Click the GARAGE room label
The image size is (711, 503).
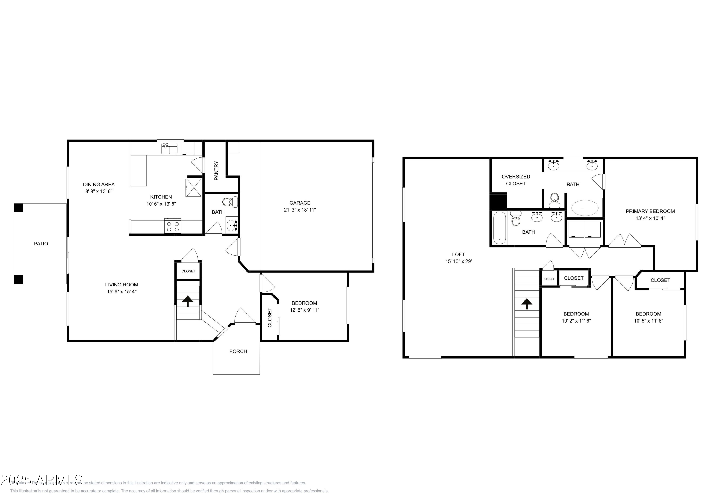300,203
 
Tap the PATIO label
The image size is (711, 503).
41,244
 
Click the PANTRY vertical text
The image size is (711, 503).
216,171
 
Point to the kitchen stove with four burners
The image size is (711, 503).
173,226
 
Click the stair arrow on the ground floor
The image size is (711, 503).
188,301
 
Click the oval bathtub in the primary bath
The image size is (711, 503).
585,208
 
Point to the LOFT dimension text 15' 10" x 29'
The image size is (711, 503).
458,261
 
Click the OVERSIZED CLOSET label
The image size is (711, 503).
516,180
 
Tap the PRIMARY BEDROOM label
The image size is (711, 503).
650,211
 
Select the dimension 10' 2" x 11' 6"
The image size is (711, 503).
576,321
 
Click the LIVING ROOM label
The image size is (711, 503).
121,285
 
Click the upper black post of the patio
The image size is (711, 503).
18,208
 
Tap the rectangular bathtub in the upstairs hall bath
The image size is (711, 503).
499,228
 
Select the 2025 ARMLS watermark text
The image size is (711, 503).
42,480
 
